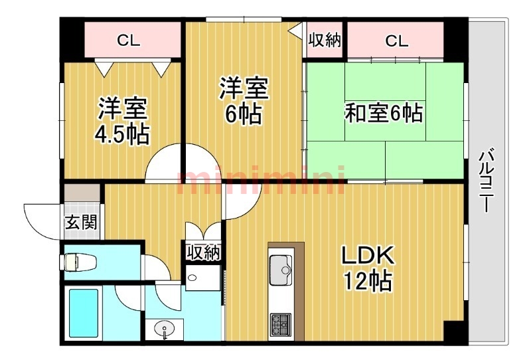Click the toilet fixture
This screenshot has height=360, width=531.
point(79,262)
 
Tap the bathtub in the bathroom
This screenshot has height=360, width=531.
point(84,313)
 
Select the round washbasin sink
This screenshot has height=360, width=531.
point(165,329)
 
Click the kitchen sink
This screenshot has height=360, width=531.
point(281,270)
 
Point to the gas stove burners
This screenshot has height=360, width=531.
point(281,323)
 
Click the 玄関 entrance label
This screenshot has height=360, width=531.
point(81,223)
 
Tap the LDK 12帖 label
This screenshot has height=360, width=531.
point(368,268)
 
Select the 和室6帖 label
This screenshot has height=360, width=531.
point(384,113)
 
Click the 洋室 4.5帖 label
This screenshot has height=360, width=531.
point(122,121)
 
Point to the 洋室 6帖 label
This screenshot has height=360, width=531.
point(244,100)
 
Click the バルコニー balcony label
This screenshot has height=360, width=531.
point(487,179)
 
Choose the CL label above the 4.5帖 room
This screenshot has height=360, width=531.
point(128,41)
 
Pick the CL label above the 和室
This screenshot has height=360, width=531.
point(396,41)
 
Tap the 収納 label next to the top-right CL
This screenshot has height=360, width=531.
point(325,41)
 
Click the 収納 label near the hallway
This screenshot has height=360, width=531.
point(204,252)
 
